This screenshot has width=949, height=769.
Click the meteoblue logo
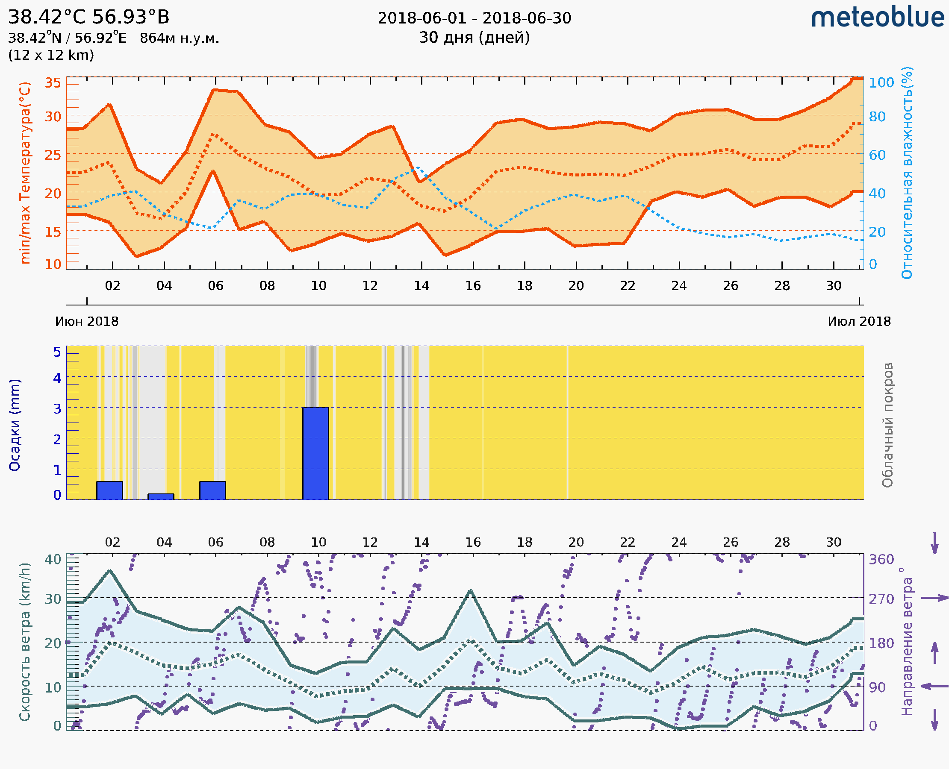(877, 18)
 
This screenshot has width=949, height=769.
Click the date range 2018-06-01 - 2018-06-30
(474, 18)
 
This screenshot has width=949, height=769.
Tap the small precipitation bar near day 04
(160, 496)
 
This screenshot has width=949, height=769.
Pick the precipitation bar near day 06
(212, 490)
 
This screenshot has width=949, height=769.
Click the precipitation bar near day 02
(109, 490)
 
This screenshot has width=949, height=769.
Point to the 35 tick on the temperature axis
(53, 83)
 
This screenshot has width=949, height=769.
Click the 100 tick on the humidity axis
(881, 83)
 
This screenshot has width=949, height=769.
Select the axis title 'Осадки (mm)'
(15, 425)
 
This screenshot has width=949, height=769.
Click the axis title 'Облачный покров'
(887, 425)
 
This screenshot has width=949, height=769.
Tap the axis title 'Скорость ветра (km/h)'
(25, 642)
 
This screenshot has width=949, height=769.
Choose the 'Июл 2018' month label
(859, 321)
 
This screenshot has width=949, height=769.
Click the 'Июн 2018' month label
(87, 321)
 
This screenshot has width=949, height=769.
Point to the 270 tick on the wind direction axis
(881, 599)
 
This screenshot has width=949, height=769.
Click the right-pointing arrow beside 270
(935, 598)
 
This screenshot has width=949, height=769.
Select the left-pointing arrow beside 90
(935, 686)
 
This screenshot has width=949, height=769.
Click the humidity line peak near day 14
(418, 168)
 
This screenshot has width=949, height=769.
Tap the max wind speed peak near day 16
(471, 591)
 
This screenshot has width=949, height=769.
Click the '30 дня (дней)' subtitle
(474, 37)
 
